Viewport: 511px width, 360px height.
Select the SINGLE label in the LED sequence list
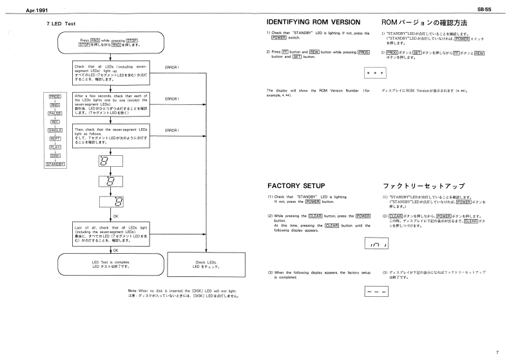(55, 129)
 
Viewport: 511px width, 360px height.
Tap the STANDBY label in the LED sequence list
(55, 165)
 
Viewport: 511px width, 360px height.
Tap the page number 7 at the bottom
(497, 352)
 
